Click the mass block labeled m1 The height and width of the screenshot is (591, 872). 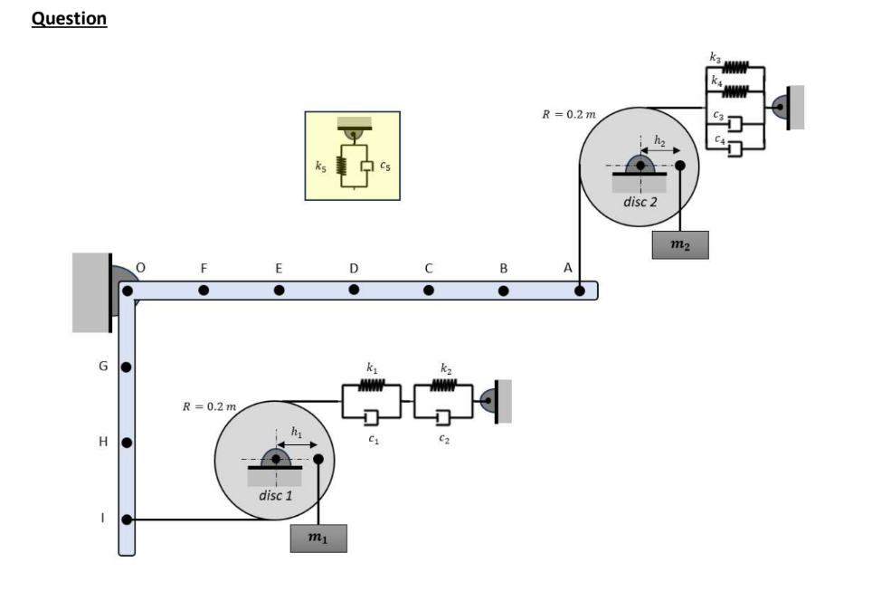pyautogui.click(x=318, y=539)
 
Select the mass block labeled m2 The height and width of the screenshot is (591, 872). pyautogui.click(x=679, y=245)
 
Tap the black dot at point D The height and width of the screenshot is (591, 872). pyautogui.click(x=354, y=291)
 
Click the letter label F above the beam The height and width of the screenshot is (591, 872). pyautogui.click(x=204, y=268)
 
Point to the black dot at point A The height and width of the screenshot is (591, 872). pyautogui.click(x=579, y=291)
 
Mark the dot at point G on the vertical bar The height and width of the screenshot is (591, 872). pyautogui.click(x=128, y=367)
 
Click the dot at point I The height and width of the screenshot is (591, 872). pyautogui.click(x=128, y=520)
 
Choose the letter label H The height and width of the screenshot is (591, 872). pyautogui.click(x=103, y=443)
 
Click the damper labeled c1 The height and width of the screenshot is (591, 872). pyautogui.click(x=371, y=416)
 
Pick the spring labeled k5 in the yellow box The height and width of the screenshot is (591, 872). pyautogui.click(x=342, y=167)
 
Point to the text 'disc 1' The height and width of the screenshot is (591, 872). pyautogui.click(x=275, y=496)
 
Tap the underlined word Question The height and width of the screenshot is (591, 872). pyautogui.click(x=70, y=19)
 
